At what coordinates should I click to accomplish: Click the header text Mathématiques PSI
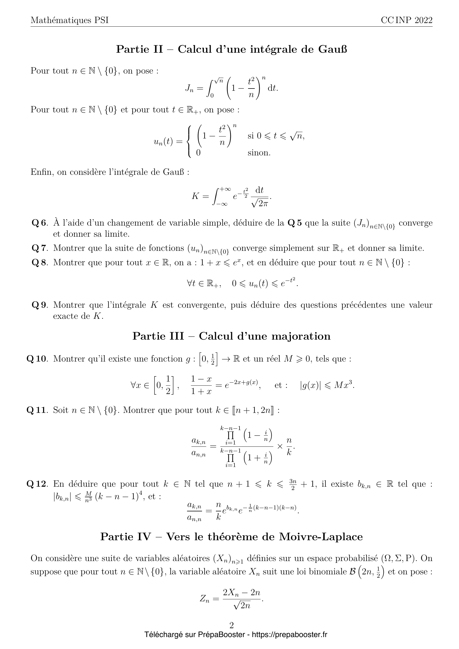70,20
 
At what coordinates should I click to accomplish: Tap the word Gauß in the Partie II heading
333,49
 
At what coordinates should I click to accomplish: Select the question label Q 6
39,223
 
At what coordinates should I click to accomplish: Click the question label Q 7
39,248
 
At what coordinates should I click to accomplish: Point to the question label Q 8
39,262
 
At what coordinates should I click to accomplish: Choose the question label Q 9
39,305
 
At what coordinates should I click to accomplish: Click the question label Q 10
36,359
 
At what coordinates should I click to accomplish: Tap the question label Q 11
36,410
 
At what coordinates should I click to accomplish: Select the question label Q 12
36,484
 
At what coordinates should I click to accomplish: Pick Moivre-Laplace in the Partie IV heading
321,537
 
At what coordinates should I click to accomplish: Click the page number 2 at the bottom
231,625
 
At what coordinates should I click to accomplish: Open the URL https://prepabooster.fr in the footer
289,635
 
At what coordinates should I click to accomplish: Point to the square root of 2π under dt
259,203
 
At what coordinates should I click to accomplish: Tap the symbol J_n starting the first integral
190,89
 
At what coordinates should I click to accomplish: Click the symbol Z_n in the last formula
205,599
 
